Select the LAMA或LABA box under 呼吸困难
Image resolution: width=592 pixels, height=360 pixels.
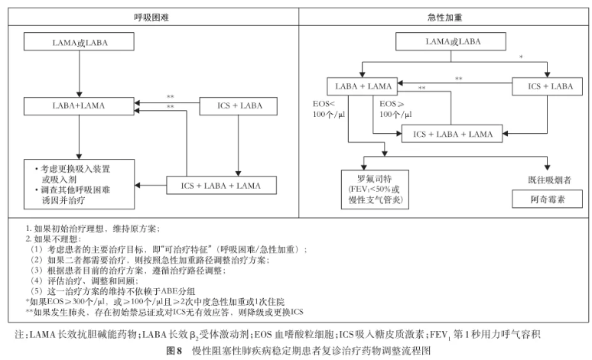click(80, 43)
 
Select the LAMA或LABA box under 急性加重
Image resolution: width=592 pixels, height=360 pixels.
click(454, 41)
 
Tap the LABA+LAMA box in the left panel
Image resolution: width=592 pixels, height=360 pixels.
click(80, 105)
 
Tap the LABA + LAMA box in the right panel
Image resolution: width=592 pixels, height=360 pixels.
click(364, 86)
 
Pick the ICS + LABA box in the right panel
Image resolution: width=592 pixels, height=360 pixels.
click(546, 86)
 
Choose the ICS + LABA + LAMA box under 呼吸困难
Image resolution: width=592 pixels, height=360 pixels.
click(220, 185)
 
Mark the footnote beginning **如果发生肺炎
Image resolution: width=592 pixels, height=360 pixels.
click(165, 312)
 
